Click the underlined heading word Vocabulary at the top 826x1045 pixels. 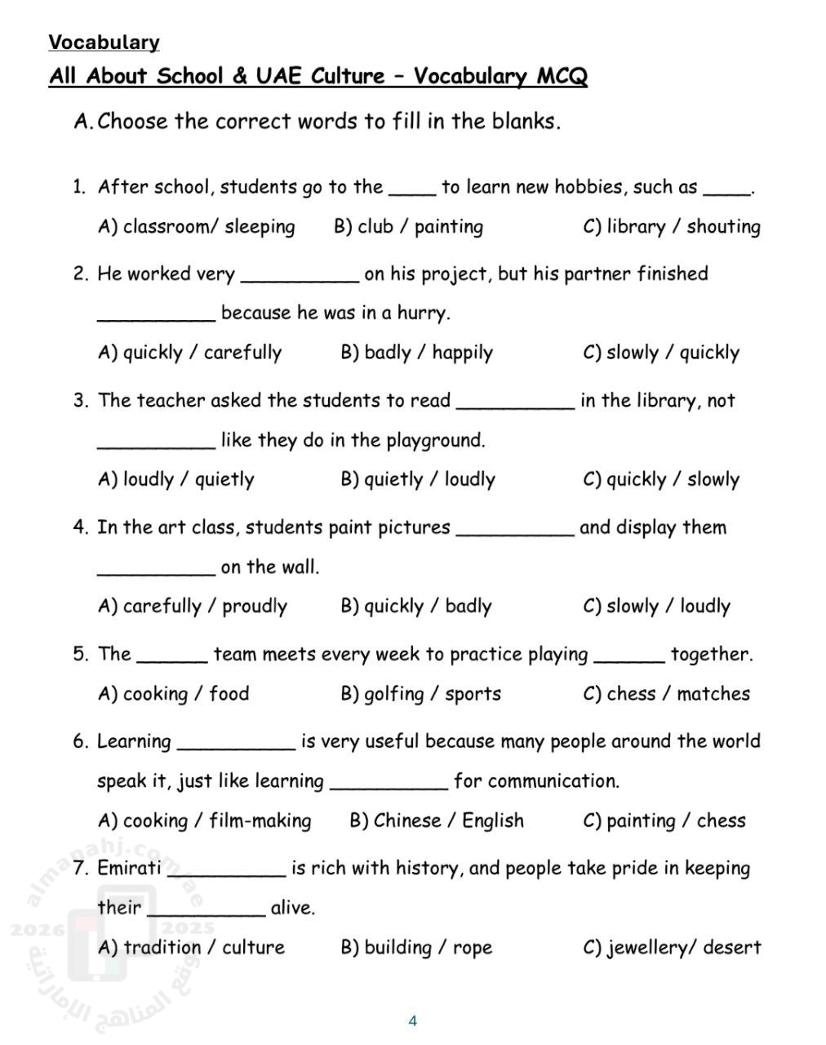[x=104, y=42]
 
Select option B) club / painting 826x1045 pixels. [x=408, y=227]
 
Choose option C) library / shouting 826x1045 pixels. [x=671, y=227]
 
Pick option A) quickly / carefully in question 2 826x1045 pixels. [x=189, y=353]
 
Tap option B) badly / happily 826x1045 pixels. [x=416, y=353]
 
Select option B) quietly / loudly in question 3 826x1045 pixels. [x=417, y=479]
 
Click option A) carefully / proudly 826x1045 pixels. [x=192, y=607]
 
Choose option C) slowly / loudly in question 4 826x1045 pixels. [x=656, y=607]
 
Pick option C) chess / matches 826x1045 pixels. [x=666, y=694]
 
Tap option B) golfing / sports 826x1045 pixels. [x=420, y=694]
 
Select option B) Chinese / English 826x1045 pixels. [x=437, y=820]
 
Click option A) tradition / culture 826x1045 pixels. [x=191, y=948]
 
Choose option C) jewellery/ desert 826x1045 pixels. [x=672, y=948]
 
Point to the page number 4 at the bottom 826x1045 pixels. [x=412, y=1021]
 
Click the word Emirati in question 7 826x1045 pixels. [x=129, y=868]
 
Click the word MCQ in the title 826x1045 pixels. [x=562, y=77]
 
